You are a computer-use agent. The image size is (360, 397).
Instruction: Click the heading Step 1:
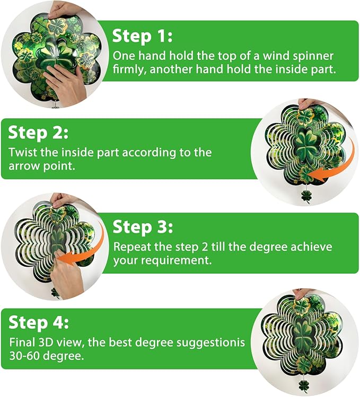click(x=142, y=36)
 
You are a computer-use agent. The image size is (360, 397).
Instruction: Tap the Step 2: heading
click(x=38, y=132)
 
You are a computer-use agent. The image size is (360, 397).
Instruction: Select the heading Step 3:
click(x=142, y=227)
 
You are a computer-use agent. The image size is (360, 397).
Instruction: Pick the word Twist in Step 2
click(x=22, y=153)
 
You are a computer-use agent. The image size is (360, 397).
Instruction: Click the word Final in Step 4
click(x=21, y=342)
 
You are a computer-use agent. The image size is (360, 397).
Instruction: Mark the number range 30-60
click(x=27, y=356)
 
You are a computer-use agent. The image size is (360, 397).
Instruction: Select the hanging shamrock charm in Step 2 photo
click(x=306, y=195)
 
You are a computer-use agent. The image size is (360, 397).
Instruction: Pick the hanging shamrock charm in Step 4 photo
click(x=304, y=385)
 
